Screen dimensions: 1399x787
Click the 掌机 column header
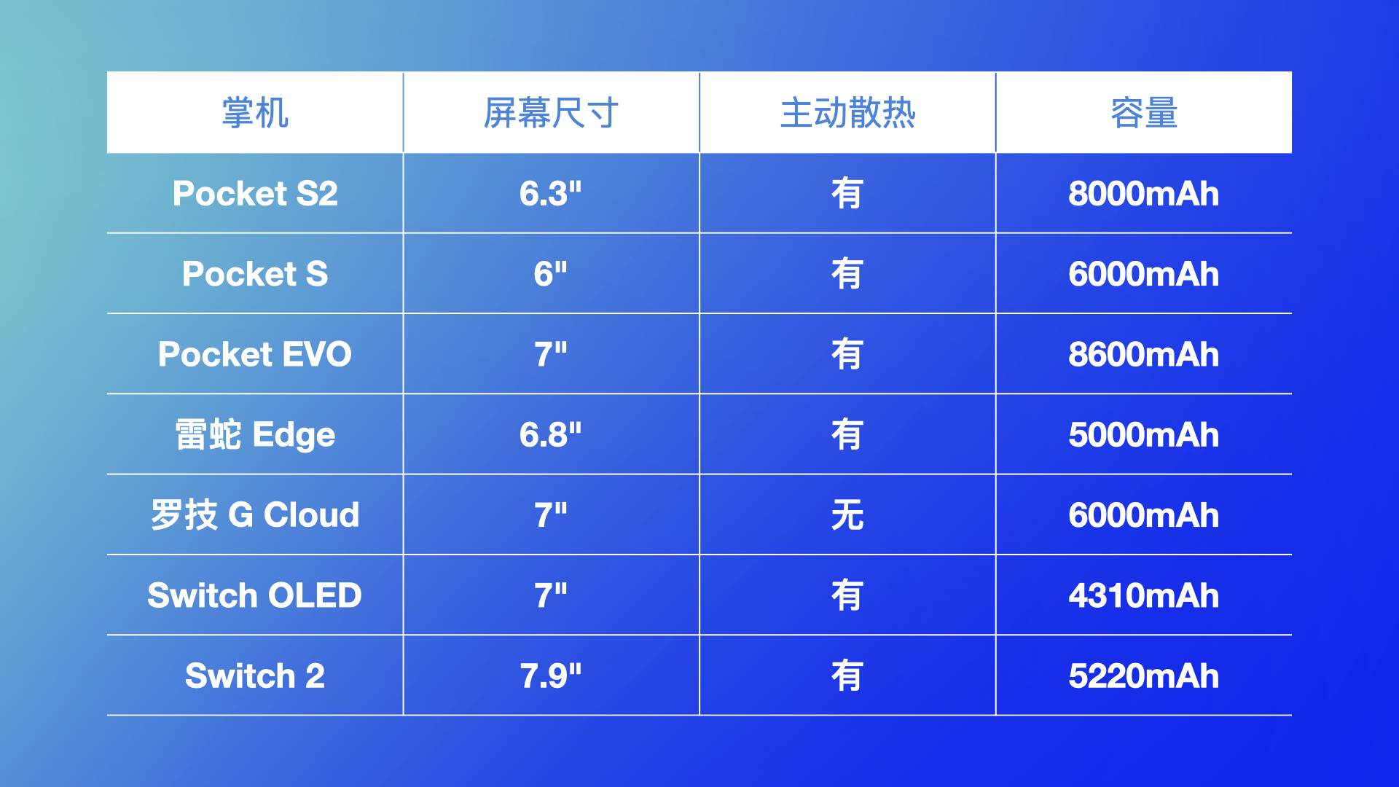tap(255, 113)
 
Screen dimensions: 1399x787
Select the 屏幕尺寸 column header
tap(551, 113)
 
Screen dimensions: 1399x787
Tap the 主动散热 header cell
tap(847, 113)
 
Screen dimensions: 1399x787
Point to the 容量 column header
tap(1144, 113)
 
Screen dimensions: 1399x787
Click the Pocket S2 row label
tap(255, 194)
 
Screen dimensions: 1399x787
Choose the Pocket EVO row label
tap(255, 354)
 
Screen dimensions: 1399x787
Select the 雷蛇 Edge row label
tap(255, 435)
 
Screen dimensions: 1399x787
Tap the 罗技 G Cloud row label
tap(255, 515)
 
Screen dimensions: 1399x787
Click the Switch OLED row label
tap(255, 595)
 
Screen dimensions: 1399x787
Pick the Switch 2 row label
tap(255, 676)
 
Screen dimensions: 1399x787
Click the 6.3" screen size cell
tap(551, 194)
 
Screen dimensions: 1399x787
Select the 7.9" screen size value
tap(551, 676)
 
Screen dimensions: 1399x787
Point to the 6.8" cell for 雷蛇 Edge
tap(551, 435)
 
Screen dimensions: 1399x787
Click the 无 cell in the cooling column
tap(847, 515)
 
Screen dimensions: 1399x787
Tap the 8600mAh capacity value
tap(1144, 354)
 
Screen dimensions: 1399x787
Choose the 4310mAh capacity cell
tap(1144, 595)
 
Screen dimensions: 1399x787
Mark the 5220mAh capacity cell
tap(1144, 676)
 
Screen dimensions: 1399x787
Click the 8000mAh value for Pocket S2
tap(1144, 194)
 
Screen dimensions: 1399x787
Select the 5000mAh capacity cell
tap(1144, 435)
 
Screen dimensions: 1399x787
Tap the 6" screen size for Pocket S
tap(551, 274)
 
